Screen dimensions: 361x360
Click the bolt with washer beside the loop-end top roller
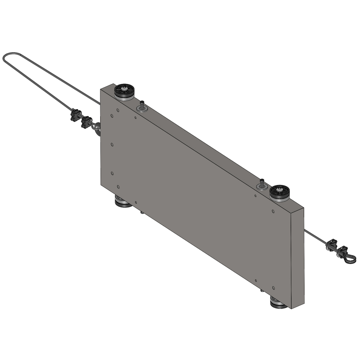pyautogui.click(x=142, y=107)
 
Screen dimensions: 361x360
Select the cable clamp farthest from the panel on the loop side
pyautogui.click(x=75, y=115)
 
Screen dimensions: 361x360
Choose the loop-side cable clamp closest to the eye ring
pyautogui.click(x=86, y=122)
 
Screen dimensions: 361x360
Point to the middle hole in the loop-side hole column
pyautogui.click(x=112, y=144)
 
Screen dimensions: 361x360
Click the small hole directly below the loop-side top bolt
pyautogui.click(x=135, y=117)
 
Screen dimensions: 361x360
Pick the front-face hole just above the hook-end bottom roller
pyautogui.click(x=273, y=288)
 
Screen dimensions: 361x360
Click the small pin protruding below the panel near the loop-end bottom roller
pyautogui.click(x=142, y=213)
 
